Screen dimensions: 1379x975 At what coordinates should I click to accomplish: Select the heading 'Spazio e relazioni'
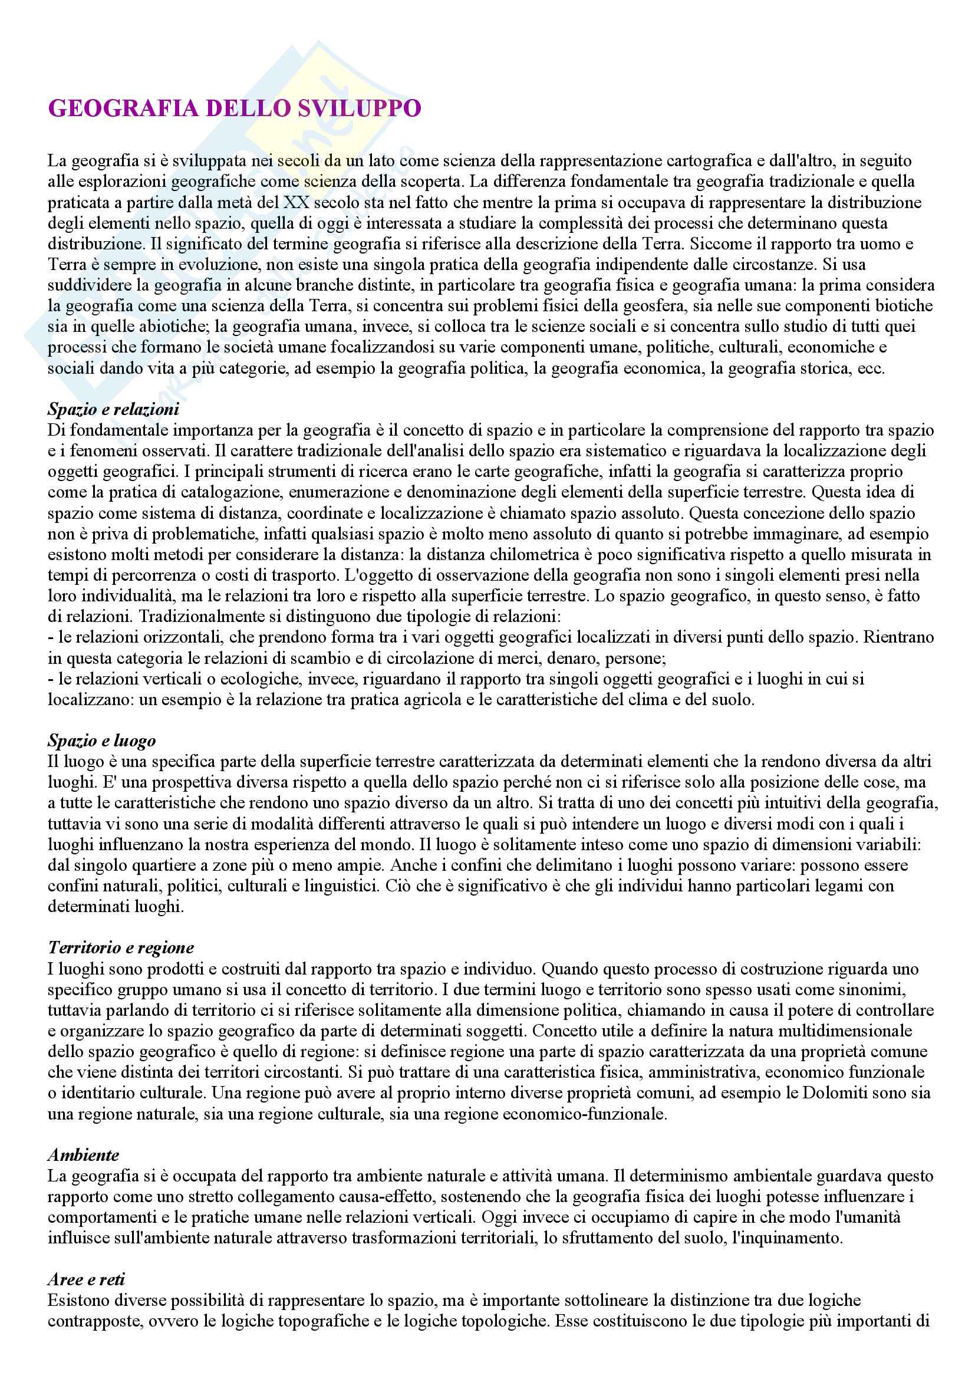(113, 410)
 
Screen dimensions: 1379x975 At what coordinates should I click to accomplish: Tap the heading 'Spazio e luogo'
(102, 740)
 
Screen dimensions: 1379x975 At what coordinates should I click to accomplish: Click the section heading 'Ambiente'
(84, 1155)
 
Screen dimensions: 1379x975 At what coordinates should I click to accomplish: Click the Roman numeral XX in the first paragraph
(295, 202)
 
